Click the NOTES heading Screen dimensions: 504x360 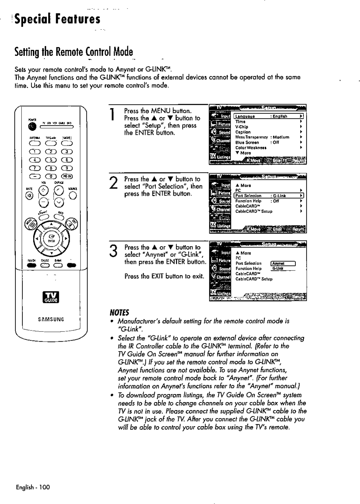pos(119,312)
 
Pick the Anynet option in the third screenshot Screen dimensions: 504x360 pos(278,264)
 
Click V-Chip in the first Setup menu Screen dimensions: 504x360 pos(242,127)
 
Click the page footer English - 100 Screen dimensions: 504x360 pos(33,487)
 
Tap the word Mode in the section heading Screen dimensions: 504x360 pos(121,52)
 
